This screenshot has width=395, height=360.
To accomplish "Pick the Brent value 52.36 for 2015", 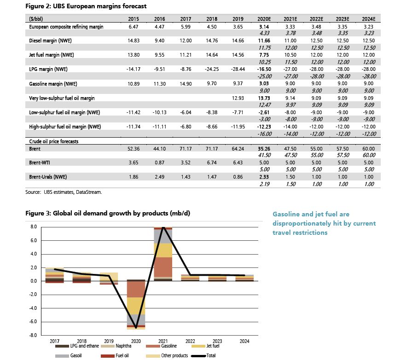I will (x=133, y=149).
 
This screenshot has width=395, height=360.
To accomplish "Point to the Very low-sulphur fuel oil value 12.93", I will (x=238, y=99).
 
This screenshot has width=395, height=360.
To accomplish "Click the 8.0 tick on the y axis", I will (x=34, y=226).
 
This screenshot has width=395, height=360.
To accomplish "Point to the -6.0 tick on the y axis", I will (x=33, y=322).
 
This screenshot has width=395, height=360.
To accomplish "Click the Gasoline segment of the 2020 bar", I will (x=136, y=289).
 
